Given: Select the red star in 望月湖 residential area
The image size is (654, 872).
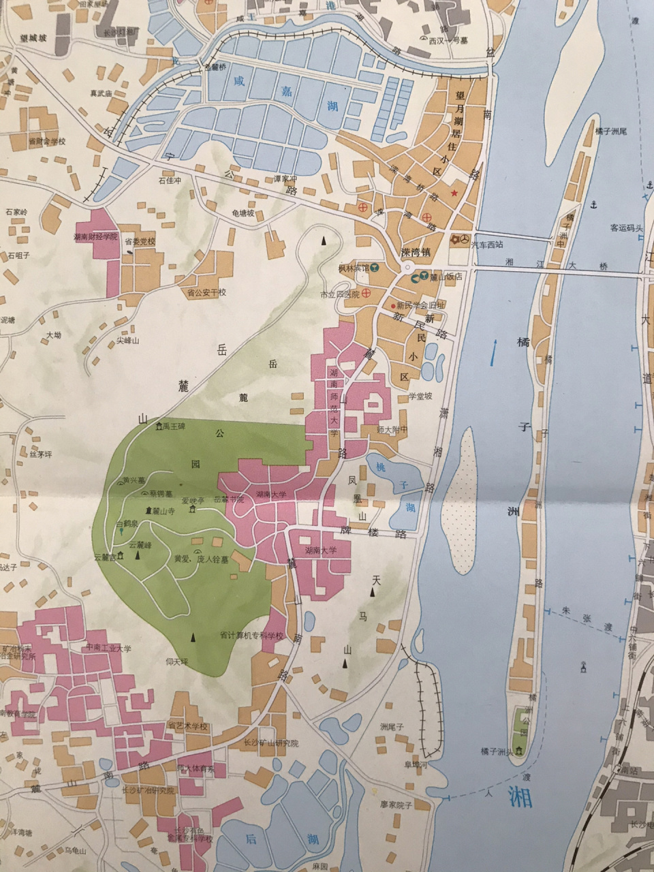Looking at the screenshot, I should click(453, 193).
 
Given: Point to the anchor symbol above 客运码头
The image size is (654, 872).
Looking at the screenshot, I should click(592, 205).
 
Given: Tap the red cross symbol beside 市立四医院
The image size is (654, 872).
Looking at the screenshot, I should click(366, 294).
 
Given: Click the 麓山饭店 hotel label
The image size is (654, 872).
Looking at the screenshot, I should click(446, 277).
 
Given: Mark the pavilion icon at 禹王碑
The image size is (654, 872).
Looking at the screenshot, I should click(159, 426).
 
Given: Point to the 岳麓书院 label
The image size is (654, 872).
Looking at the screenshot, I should click(228, 499).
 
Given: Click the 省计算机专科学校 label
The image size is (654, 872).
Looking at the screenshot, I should click(251, 636).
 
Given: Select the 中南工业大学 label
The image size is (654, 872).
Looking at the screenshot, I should click(108, 648).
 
